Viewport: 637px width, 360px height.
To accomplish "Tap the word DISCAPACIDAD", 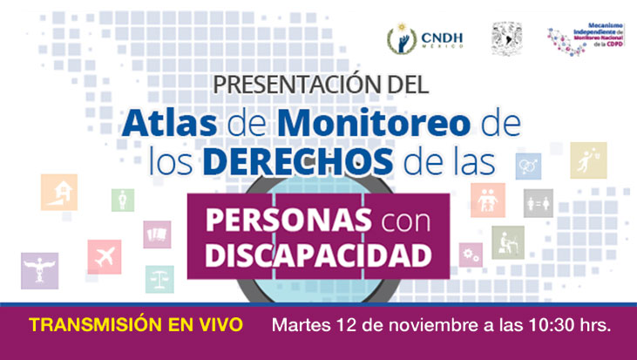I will (x=319, y=255).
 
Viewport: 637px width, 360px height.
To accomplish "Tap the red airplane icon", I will (x=104, y=256).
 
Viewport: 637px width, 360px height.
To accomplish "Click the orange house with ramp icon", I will (x=59, y=192).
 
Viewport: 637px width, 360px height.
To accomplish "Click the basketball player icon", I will (x=588, y=160).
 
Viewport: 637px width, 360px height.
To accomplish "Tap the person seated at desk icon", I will (x=508, y=241).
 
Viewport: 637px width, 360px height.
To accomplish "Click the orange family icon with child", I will (x=487, y=200).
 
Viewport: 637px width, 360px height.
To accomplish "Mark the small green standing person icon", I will (x=123, y=200).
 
